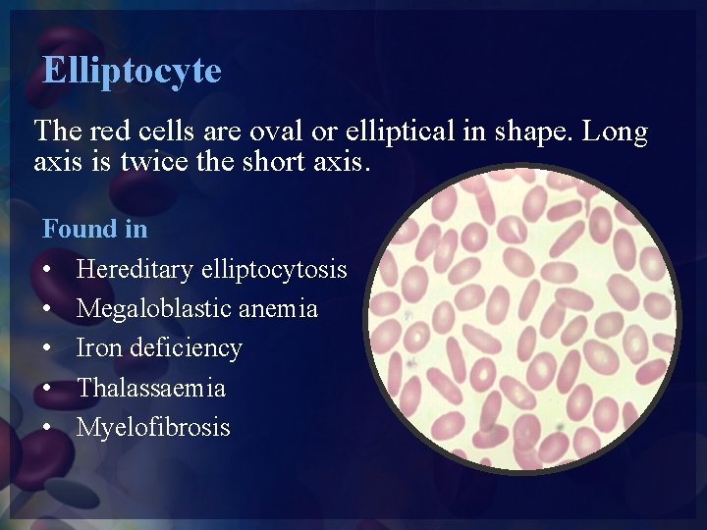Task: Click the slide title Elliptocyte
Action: (133, 71)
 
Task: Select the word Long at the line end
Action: (615, 132)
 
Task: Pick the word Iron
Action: (97, 347)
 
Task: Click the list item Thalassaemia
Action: (151, 388)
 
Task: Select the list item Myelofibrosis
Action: (153, 427)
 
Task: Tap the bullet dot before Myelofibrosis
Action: (49, 428)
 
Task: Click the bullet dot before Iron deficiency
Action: (49, 348)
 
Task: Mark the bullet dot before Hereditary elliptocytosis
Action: (49, 270)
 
